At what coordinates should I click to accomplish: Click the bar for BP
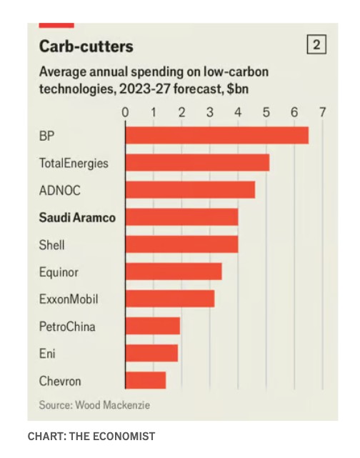tap(217, 135)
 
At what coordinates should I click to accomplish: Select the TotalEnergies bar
tap(197, 162)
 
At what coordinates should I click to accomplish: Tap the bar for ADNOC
tap(190, 190)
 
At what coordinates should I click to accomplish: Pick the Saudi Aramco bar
tap(181, 217)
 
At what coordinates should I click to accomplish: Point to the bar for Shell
tap(181, 244)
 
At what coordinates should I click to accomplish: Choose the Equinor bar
tap(174, 272)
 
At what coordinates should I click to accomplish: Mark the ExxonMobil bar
tap(170, 299)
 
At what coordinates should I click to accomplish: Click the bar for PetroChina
tap(153, 326)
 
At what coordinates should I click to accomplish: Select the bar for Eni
tap(151, 353)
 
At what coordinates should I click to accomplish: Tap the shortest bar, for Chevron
tap(146, 380)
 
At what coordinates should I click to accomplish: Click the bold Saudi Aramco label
tap(77, 218)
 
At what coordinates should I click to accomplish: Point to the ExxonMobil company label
tap(69, 299)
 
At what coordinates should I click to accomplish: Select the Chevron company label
tap(60, 381)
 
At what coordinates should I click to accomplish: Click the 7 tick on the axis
tap(322, 112)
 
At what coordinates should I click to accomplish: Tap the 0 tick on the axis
tap(125, 112)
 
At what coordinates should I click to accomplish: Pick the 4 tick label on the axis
tap(238, 112)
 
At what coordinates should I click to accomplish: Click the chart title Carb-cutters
tap(86, 46)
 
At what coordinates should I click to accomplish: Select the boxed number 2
tap(316, 44)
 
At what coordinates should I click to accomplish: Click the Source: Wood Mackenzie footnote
tap(94, 405)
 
